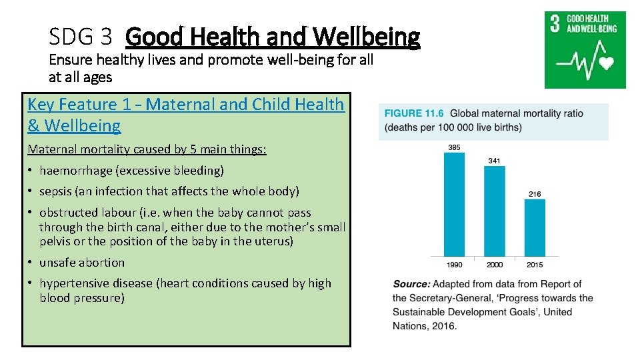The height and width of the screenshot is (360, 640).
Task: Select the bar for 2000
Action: click(x=494, y=211)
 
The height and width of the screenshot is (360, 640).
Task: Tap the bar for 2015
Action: click(x=535, y=227)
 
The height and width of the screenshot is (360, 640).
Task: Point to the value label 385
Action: click(x=454, y=147)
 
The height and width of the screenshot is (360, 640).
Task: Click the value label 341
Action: click(x=494, y=161)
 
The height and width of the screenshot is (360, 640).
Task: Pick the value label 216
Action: click(x=535, y=194)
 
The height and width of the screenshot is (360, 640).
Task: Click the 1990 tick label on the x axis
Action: click(x=454, y=265)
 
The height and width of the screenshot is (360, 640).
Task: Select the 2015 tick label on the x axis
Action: click(x=535, y=265)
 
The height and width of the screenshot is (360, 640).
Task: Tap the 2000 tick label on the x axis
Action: click(x=494, y=265)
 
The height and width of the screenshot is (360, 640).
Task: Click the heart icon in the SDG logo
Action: click(x=606, y=63)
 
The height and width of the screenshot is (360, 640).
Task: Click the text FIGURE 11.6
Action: click(x=413, y=113)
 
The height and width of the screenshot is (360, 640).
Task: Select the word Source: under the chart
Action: click(x=411, y=284)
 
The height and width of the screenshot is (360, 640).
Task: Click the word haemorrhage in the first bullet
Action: click(x=75, y=171)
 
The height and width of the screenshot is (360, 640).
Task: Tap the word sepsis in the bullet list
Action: click(x=56, y=191)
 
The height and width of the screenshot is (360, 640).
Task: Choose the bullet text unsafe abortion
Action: click(x=82, y=263)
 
